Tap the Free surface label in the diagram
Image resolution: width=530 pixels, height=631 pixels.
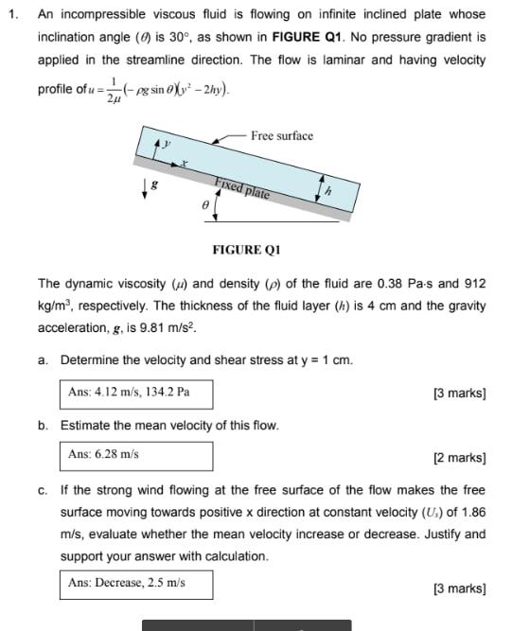click(282, 136)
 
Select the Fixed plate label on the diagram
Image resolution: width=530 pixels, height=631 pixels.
click(242, 189)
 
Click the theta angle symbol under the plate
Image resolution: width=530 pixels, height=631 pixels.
click(204, 202)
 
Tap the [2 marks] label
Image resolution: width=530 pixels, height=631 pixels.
click(459, 458)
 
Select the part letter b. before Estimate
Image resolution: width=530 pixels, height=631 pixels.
click(44, 425)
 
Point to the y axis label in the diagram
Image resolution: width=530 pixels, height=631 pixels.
click(168, 144)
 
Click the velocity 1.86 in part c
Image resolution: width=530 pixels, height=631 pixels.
click(473, 512)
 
